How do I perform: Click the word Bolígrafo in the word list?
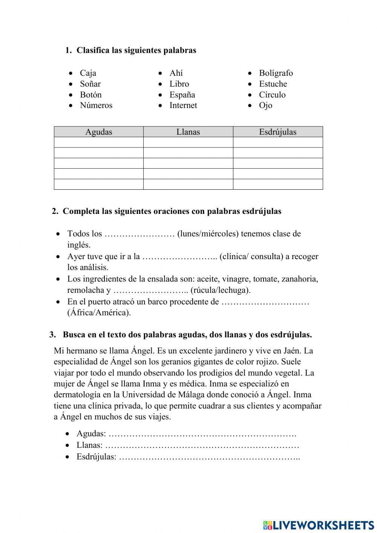tap(276, 73)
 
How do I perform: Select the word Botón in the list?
tap(90, 95)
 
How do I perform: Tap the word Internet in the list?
tap(183, 106)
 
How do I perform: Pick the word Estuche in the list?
tap(273, 84)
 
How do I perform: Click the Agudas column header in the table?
tap(98, 132)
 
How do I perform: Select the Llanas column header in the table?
tap(188, 132)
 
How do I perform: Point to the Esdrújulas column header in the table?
tap(278, 132)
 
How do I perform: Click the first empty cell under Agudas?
tap(98, 142)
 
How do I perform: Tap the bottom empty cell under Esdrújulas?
tap(278, 184)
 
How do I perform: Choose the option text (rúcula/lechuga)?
tap(221, 290)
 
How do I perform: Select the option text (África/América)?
tap(99, 313)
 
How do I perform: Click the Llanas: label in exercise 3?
tap(89, 445)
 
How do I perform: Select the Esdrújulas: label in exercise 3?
tap(96, 457)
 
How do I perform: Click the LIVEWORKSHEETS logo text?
tap(323, 525)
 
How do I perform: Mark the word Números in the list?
tap(96, 106)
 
